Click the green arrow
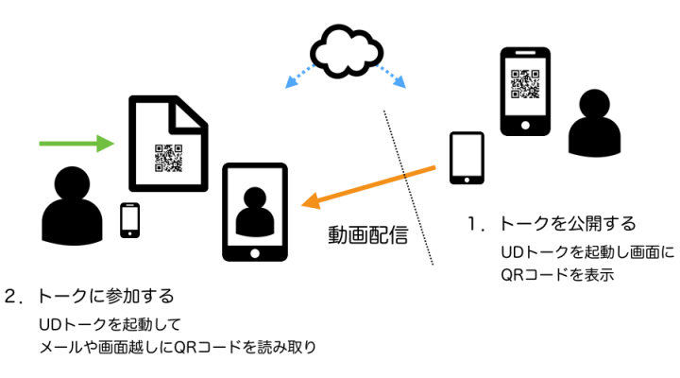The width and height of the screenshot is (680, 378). coord(76,144)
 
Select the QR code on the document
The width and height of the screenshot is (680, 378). coord(167,158)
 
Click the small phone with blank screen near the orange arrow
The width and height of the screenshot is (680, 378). coord(467,156)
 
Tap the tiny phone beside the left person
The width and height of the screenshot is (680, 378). coord(130,220)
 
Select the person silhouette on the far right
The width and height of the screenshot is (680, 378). coord(599,123)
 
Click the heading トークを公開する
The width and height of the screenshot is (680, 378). coord(566,224)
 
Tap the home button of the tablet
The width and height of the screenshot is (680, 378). coord(254,250)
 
